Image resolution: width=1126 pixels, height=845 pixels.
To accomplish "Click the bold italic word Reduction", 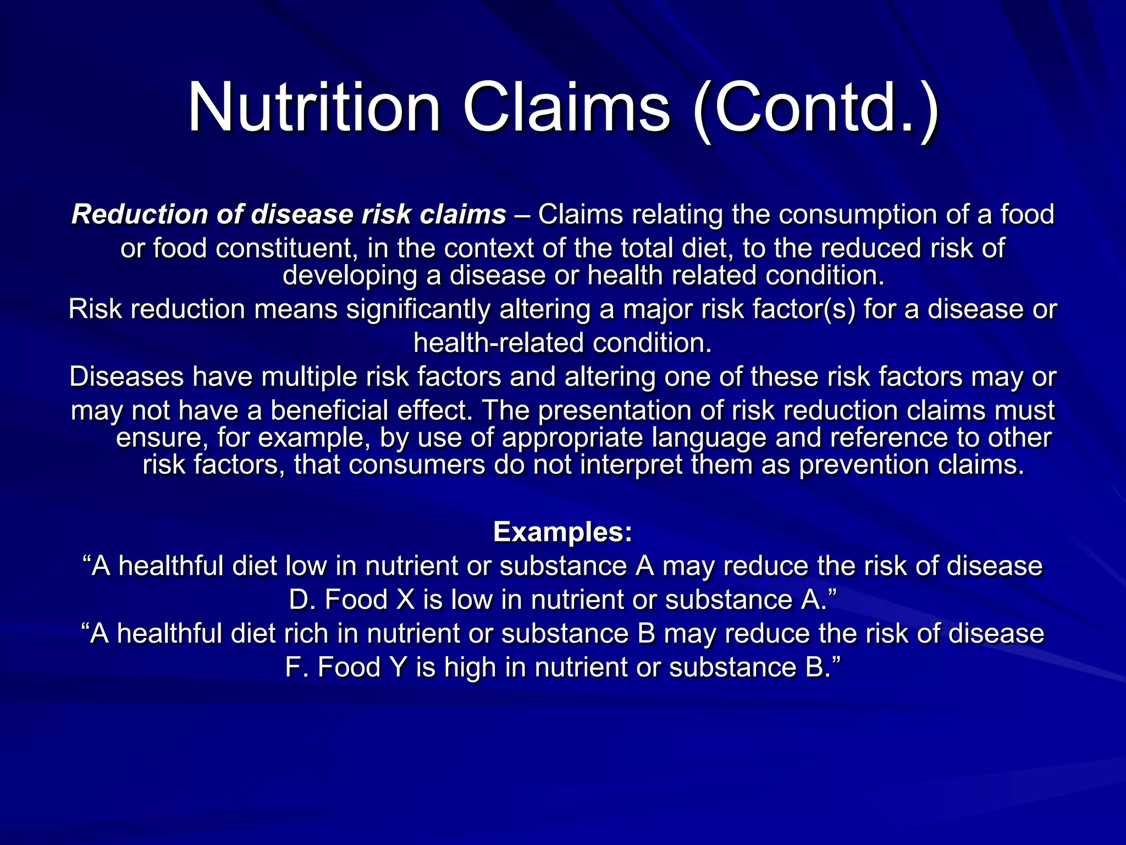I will pyautogui.click(x=140, y=215).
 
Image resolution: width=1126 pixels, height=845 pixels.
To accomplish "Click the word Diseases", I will pyautogui.click(x=126, y=377).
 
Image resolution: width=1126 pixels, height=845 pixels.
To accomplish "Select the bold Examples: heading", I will pyautogui.click(x=563, y=532).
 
